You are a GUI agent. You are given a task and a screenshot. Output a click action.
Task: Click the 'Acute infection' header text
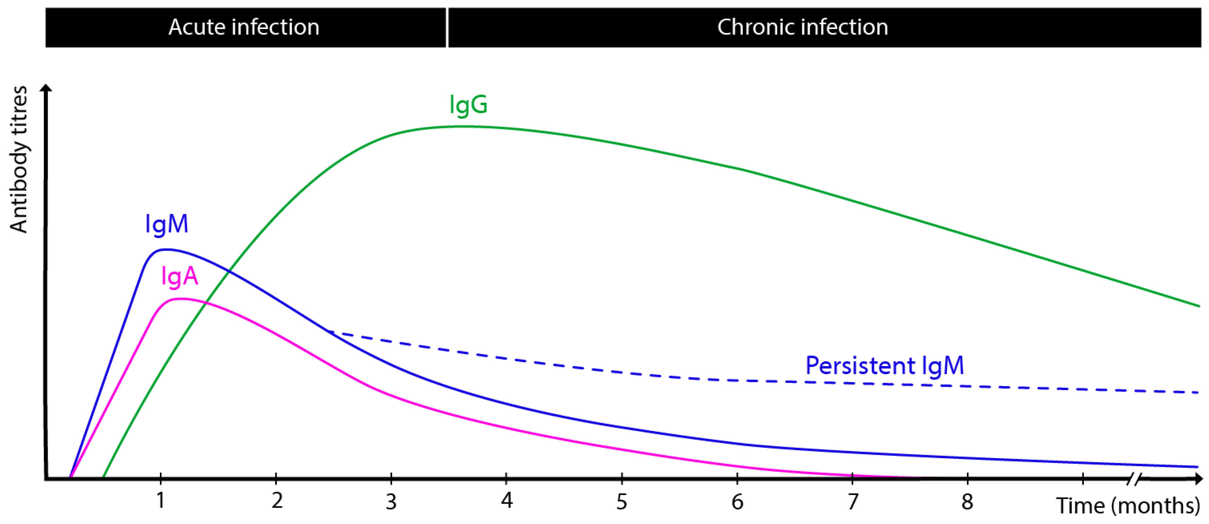tap(244, 27)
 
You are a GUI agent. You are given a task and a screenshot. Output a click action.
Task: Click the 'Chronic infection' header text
tap(802, 27)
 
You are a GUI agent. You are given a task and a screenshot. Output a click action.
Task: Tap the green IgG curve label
tap(468, 104)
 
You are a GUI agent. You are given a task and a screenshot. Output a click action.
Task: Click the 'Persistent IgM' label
tap(884, 365)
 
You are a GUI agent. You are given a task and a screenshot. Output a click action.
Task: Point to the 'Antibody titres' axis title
tap(19, 160)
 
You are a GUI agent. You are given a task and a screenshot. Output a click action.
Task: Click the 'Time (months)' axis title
tap(1127, 506)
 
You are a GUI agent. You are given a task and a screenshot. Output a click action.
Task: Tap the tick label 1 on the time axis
tap(160, 501)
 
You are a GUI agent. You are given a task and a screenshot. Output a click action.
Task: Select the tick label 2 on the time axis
tap(277, 501)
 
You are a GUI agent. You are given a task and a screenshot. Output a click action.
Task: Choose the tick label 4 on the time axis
tap(506, 501)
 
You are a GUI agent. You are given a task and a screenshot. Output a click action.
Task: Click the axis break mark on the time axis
tap(1133, 479)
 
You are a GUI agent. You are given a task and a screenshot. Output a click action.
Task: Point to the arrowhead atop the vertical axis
tap(46, 88)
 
